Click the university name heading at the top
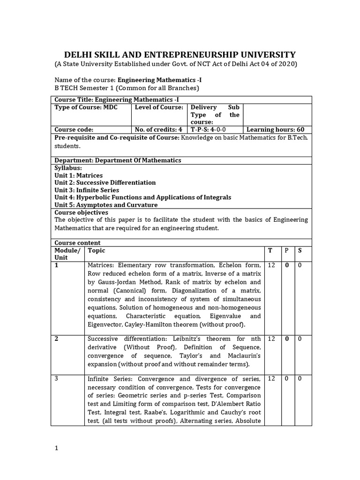(x=180, y=54)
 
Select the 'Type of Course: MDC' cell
(x=86, y=107)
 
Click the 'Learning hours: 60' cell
(x=275, y=130)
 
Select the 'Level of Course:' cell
(x=158, y=107)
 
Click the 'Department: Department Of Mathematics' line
(x=118, y=160)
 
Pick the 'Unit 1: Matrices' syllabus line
(x=78, y=175)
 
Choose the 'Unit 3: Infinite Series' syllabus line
(x=87, y=190)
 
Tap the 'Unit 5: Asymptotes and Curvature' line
(x=106, y=205)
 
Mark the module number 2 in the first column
(x=57, y=338)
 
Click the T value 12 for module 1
(x=271, y=265)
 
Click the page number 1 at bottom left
(x=56, y=448)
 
